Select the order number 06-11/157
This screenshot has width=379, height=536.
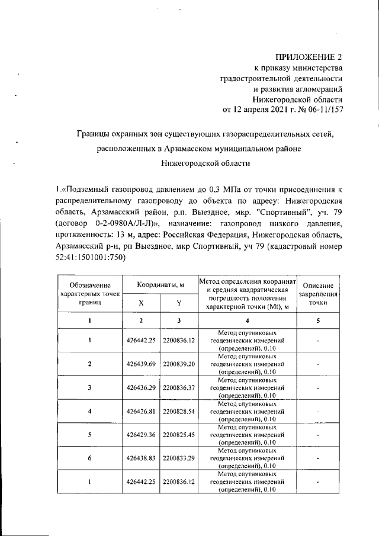tap(320, 110)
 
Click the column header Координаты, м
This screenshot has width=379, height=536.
tap(160, 285)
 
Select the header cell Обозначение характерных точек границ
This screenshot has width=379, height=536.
tap(90, 294)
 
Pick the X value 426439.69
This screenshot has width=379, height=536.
tap(142, 364)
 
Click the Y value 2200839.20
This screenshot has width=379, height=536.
tap(179, 364)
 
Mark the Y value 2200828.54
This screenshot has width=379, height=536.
tap(179, 411)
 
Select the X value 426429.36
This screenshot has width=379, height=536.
tap(142, 435)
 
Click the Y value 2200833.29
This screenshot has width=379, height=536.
tap(179, 458)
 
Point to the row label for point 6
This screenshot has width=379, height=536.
tap(90, 458)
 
